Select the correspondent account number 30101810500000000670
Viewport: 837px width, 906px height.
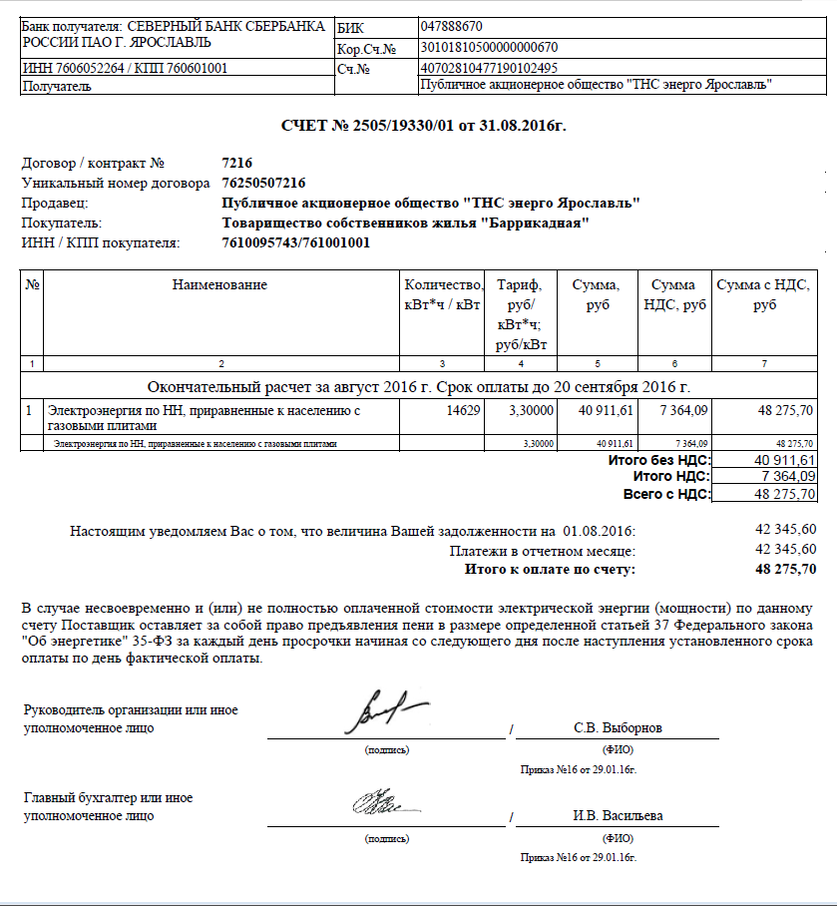(490, 47)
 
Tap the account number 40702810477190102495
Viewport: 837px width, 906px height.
(490, 68)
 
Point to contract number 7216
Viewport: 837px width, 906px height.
(237, 163)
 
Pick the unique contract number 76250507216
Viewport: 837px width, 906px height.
(263, 183)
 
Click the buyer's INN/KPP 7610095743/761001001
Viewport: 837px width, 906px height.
(295, 242)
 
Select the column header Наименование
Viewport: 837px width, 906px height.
(219, 285)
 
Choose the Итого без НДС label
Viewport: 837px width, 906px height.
(658, 460)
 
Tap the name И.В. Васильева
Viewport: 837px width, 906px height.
(618, 815)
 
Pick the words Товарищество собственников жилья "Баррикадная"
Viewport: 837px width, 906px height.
(405, 223)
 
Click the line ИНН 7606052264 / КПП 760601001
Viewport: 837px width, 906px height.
(125, 68)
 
